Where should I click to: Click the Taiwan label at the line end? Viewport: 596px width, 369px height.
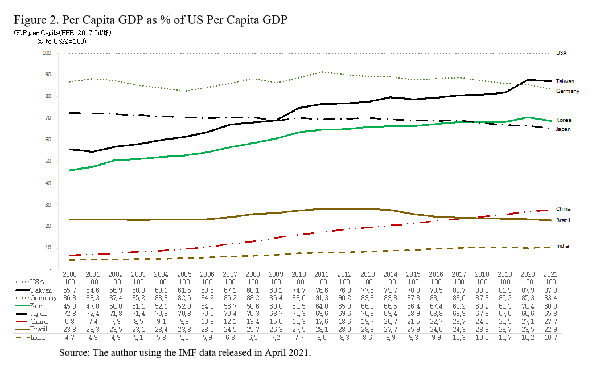coord(565,81)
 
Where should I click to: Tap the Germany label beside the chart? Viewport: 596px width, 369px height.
coord(568,91)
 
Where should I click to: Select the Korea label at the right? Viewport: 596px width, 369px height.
coord(564,120)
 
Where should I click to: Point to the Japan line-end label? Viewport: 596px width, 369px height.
coord(564,129)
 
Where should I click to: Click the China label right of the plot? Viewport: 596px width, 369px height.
coord(563,209)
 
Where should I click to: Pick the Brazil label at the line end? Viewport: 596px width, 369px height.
coord(563,220)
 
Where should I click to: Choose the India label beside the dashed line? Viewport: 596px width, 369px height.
coord(562,246)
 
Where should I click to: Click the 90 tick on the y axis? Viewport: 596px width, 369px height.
coord(47,75)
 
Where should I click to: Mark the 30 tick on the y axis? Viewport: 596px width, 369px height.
coord(47,204)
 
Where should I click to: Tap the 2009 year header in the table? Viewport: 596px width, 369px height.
coord(276,274)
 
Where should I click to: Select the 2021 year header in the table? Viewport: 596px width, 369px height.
coord(550,274)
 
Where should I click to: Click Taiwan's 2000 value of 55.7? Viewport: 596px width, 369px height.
coord(69,290)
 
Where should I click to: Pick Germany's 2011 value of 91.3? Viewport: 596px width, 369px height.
coord(322,298)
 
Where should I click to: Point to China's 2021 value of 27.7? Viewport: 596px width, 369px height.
coord(550,322)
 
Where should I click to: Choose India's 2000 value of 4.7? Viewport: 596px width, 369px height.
coord(69,338)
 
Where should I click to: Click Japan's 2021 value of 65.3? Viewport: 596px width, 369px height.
coord(550,314)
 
